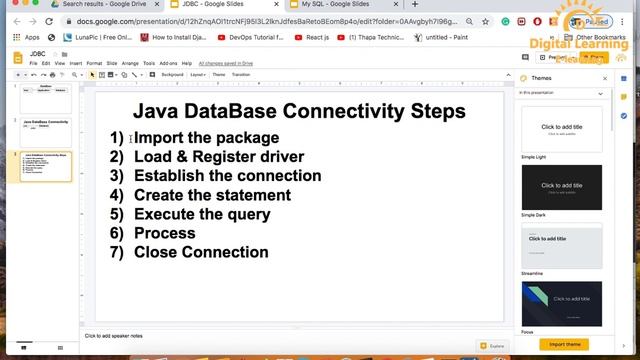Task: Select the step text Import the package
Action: [206, 138]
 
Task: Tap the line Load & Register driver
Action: [218, 157]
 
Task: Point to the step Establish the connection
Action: [227, 176]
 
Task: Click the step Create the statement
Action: [212, 195]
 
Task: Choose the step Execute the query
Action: [202, 214]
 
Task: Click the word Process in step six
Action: [164, 233]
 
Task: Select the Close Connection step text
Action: [201, 252]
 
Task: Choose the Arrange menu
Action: [130, 63]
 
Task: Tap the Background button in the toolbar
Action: [173, 74]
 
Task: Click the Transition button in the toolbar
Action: [241, 74]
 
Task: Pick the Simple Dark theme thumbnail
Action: [561, 186]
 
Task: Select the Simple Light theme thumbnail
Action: [561, 127]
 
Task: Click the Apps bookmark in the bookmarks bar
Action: [27, 37]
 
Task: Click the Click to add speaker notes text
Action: [113, 336]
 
